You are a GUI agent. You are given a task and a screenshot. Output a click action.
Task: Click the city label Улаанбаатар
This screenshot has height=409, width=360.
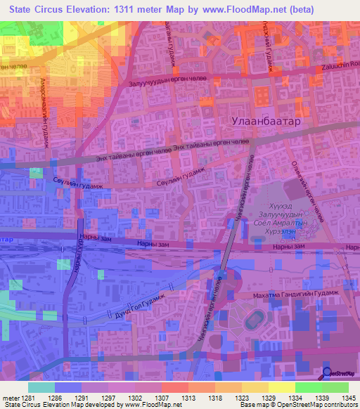pyautogui.click(x=285, y=122)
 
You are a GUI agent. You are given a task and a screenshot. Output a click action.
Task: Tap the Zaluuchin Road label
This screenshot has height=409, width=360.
pyautogui.click(x=338, y=64)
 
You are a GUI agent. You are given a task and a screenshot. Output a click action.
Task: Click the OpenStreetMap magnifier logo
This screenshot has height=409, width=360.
pyautogui.click(x=327, y=372)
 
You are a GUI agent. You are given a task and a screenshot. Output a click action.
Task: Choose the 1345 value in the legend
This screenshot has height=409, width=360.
pyautogui.click(x=349, y=398)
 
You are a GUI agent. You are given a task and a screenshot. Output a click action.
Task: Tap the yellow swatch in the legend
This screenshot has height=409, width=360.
pyautogui.click(x=281, y=387)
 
